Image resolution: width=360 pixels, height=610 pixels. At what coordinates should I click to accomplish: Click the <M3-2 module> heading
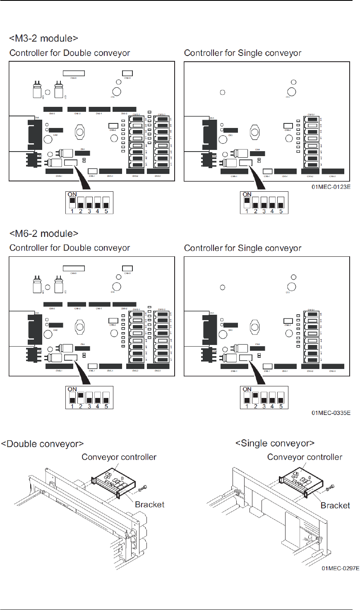43,39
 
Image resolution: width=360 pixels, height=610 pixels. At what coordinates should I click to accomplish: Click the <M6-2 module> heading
43,234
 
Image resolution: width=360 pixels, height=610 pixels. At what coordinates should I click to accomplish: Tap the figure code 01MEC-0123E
331,187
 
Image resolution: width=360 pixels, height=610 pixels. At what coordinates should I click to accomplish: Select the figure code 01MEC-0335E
331,413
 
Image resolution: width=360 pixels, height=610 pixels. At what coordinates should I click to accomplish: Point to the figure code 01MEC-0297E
340,568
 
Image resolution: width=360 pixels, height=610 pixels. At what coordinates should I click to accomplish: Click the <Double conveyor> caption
42,444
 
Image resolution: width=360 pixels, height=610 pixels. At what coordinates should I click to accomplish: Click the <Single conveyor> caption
275,444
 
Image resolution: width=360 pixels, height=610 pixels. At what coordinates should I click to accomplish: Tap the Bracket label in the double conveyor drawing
149,504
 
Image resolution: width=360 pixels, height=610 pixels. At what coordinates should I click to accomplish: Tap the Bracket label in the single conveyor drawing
335,505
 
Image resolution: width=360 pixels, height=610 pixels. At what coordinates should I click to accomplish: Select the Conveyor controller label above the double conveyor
119,457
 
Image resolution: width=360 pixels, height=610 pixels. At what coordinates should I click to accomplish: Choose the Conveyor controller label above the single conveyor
305,457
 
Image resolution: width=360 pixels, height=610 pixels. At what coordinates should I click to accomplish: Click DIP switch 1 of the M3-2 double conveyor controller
72,203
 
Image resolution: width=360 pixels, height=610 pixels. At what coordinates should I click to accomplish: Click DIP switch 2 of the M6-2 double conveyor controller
81,398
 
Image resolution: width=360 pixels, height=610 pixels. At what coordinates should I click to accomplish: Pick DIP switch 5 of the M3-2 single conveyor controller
281,203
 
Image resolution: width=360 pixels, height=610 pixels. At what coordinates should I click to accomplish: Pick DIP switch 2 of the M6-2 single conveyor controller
255,398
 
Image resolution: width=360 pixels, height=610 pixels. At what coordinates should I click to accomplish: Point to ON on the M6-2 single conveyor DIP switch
247,389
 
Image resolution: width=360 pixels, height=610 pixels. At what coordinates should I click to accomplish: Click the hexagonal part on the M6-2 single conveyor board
254,327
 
